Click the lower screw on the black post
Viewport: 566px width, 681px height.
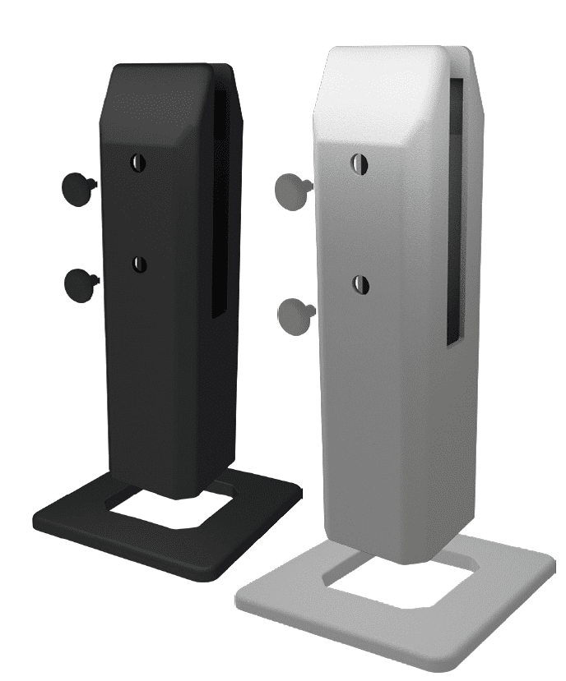click(138, 264)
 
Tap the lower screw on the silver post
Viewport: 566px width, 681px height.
click(360, 285)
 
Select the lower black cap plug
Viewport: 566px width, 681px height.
click(79, 283)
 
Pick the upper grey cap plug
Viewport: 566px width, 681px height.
click(291, 186)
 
